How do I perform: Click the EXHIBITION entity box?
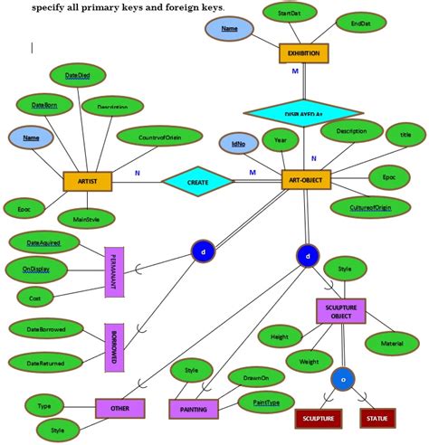click(x=303, y=53)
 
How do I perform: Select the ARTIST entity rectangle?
click(x=87, y=181)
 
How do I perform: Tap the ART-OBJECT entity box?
click(x=306, y=181)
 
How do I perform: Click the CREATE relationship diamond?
click(x=197, y=182)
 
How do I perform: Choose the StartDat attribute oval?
click(x=290, y=14)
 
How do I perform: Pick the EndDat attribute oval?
click(x=361, y=23)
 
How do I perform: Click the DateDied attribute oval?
click(x=78, y=75)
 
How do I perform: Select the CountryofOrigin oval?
click(x=159, y=137)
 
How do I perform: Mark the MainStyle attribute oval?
click(x=87, y=218)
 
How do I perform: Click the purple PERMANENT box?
click(x=114, y=271)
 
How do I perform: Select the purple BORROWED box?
click(x=114, y=346)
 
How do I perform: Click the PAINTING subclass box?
click(x=193, y=409)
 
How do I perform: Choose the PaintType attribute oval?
click(x=266, y=402)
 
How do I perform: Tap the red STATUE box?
click(x=377, y=419)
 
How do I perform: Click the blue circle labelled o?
click(x=342, y=378)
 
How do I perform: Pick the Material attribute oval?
click(x=392, y=343)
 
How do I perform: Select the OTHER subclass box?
click(x=120, y=409)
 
